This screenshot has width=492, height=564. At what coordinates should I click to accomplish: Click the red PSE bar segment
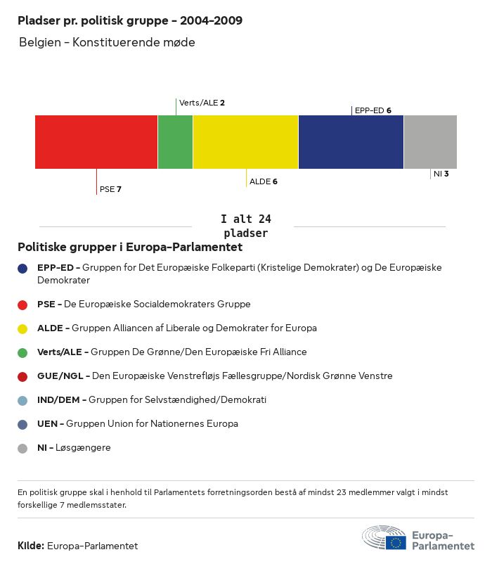tap(96, 142)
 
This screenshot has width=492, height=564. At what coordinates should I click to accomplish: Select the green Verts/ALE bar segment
tap(175, 142)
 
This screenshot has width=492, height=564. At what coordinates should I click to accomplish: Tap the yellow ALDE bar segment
tap(245, 142)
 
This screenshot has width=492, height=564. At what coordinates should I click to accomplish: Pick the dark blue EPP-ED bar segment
tap(351, 142)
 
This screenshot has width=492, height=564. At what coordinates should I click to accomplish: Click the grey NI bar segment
tap(430, 142)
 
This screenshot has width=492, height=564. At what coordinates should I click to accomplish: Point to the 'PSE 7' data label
tap(111, 189)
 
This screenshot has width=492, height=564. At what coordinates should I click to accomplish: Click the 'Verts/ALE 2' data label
tap(202, 103)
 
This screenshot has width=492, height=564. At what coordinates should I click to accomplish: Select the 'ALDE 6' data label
tap(264, 181)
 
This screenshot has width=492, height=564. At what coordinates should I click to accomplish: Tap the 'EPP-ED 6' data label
tap(373, 110)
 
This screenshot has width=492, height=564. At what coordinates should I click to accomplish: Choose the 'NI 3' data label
tap(441, 173)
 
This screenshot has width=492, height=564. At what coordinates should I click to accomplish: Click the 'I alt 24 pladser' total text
tap(245, 226)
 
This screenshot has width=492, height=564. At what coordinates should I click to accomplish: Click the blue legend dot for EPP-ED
tap(22, 268)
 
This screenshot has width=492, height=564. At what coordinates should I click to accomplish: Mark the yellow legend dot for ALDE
tap(22, 328)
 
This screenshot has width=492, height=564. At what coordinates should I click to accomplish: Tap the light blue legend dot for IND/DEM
tap(22, 400)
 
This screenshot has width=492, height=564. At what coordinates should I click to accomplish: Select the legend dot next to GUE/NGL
tap(22, 376)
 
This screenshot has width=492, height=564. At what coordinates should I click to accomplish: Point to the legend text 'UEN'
tap(48, 424)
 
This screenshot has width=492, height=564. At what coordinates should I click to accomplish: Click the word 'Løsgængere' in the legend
tap(84, 448)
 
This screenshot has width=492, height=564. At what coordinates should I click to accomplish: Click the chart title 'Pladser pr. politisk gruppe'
tap(130, 21)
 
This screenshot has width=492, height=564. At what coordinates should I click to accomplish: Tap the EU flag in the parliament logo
tap(396, 542)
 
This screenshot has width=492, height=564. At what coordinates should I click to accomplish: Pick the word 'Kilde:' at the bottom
tap(31, 546)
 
